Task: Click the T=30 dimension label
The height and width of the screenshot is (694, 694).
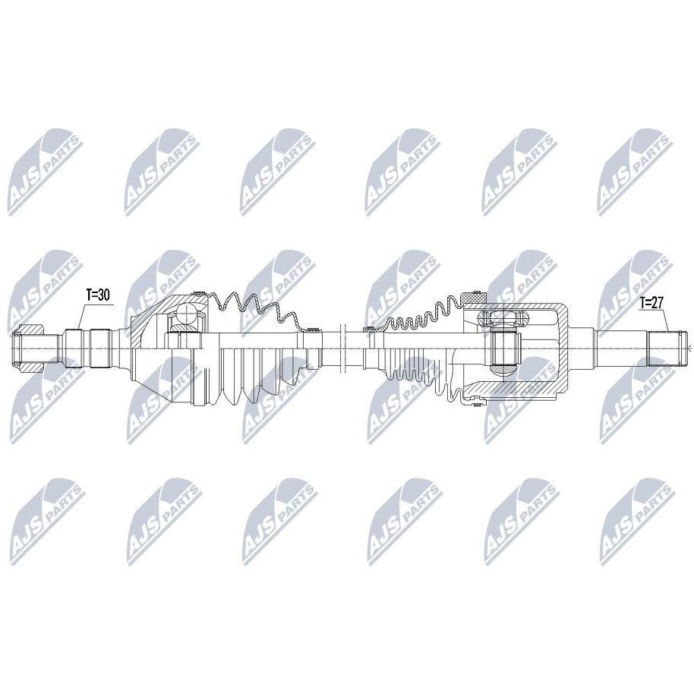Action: (97, 295)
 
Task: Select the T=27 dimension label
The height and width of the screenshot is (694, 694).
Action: (651, 303)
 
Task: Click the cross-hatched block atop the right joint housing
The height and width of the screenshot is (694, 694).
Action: (474, 298)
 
